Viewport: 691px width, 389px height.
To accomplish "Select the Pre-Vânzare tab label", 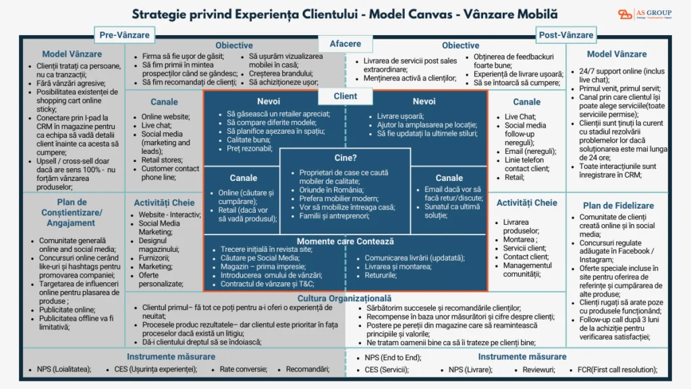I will [x=124, y=34].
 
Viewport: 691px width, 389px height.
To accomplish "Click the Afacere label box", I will [x=345, y=44].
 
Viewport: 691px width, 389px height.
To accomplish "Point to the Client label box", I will [x=345, y=96].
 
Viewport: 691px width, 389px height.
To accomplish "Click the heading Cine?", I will [x=345, y=157].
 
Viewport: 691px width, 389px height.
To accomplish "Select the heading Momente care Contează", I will [x=345, y=241].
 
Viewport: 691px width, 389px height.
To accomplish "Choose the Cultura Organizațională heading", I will [x=344, y=298].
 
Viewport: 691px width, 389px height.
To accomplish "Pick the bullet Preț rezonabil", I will [x=252, y=148].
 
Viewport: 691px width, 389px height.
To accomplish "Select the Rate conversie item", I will [x=243, y=369].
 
